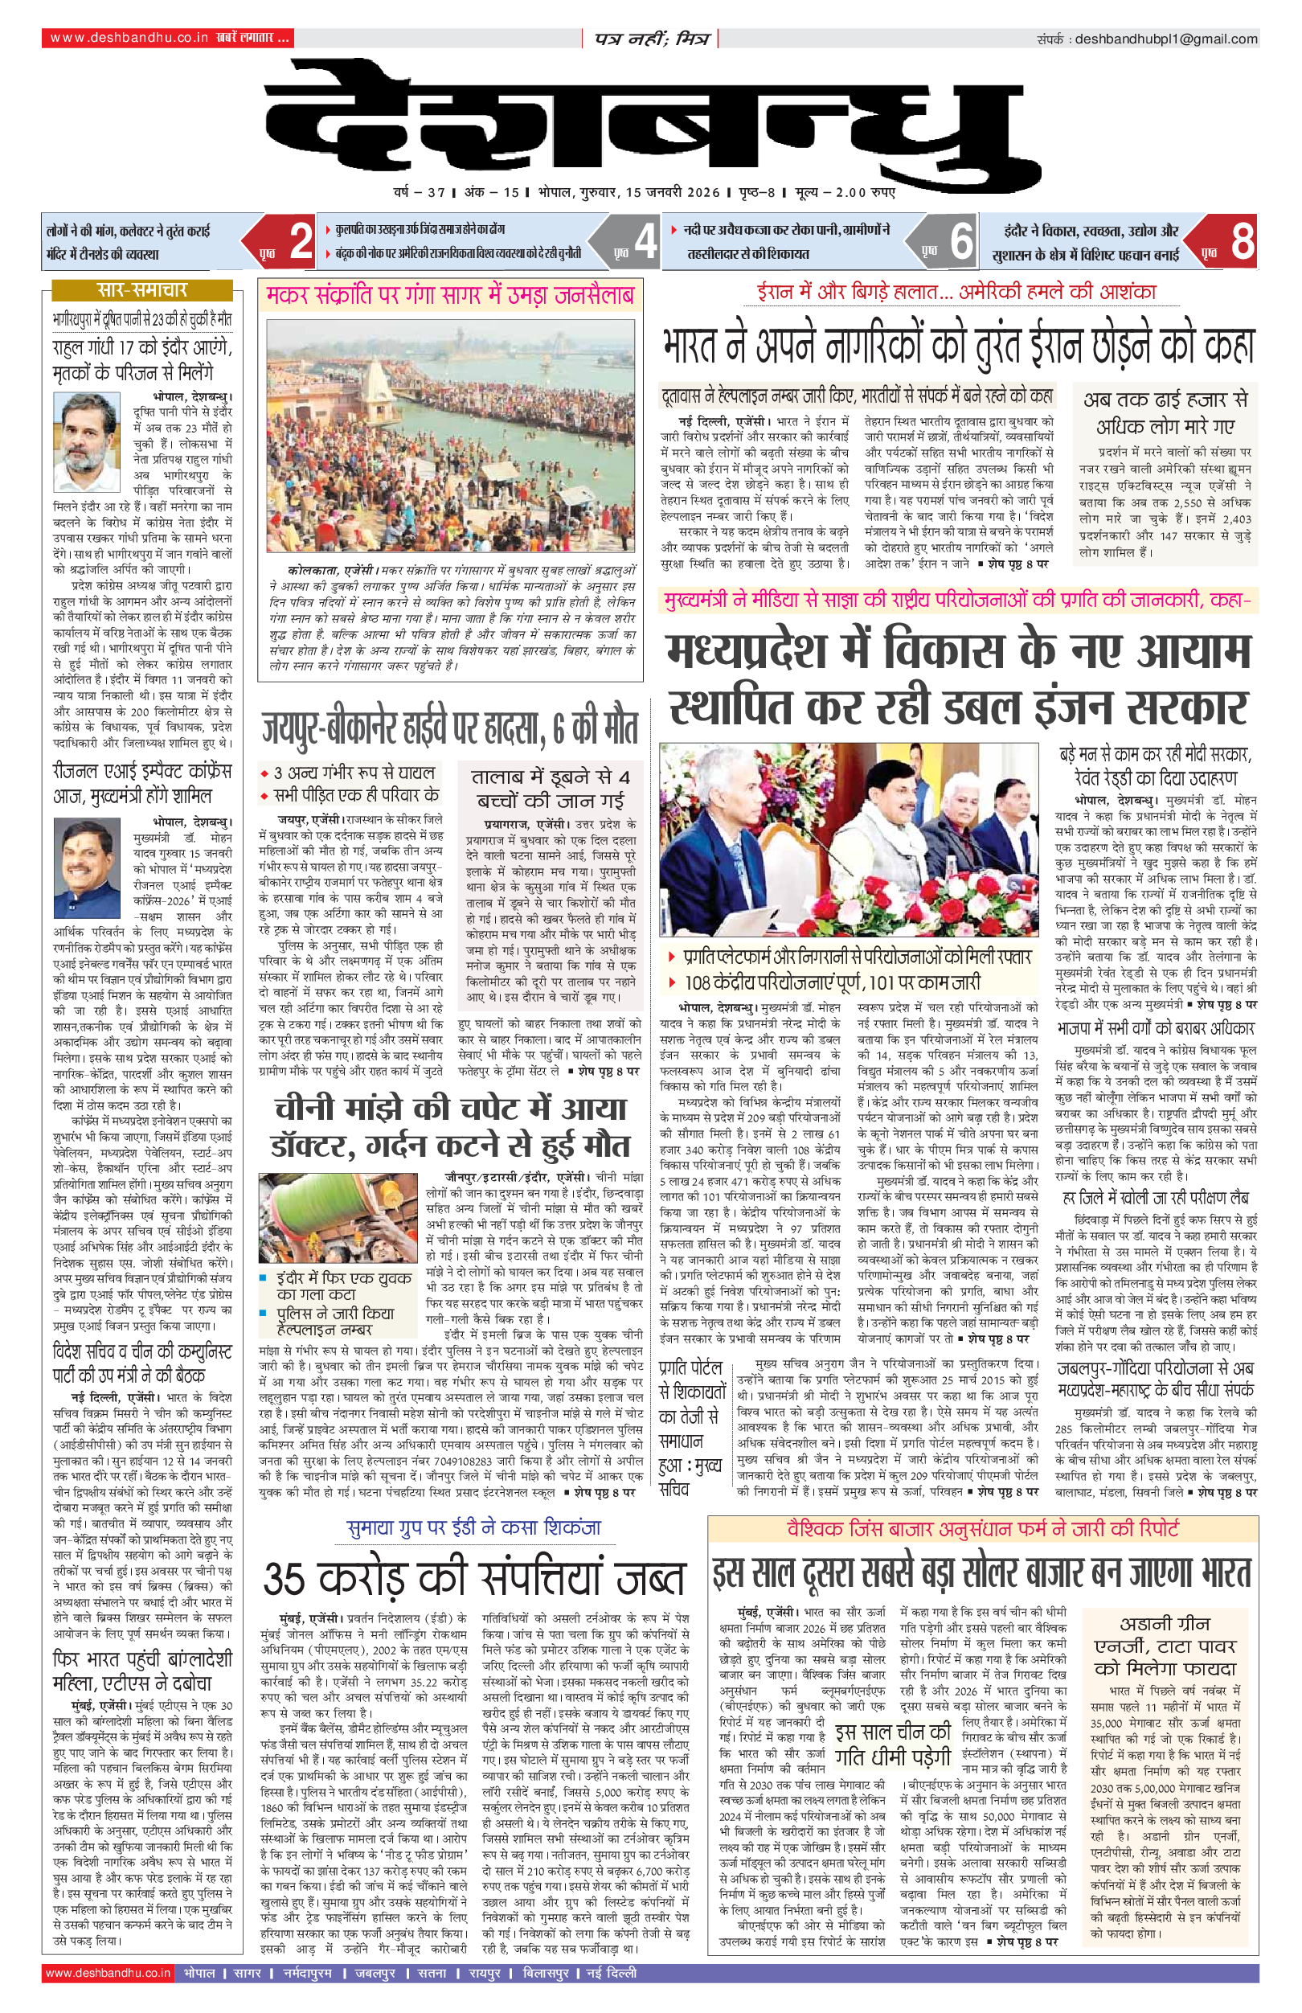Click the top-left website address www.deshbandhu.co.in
129,38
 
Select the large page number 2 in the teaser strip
300,241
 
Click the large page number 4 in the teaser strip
645,241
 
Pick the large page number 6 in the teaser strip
960,241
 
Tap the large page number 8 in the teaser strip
1241,241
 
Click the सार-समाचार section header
141,290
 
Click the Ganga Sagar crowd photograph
450,436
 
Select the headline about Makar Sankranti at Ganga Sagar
450,296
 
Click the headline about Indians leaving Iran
958,345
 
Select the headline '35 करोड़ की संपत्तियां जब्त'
473,1578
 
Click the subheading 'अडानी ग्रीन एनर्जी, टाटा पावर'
1165,1635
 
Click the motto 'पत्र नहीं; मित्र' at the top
650,39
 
